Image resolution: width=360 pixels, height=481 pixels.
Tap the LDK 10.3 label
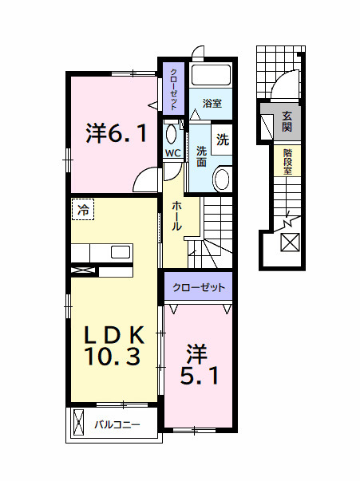pos(116,345)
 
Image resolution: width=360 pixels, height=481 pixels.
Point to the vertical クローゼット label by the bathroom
pos(172,89)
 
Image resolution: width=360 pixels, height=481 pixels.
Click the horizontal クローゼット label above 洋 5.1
pos(199,287)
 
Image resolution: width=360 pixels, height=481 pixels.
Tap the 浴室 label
pos(212,104)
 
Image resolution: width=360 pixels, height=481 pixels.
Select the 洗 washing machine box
pos(223,138)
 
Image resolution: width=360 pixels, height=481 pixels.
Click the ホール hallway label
pos(176,215)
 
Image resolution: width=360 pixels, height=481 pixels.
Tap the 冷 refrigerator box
pos(82,210)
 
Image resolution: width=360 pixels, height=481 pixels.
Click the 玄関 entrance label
pos(287,122)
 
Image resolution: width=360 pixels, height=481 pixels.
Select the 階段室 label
pos(287,162)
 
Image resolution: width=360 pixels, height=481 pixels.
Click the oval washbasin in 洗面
pos(223,179)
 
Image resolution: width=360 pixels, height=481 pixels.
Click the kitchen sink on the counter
pos(121,252)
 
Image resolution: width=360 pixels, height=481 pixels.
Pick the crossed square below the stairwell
pos(290,242)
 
